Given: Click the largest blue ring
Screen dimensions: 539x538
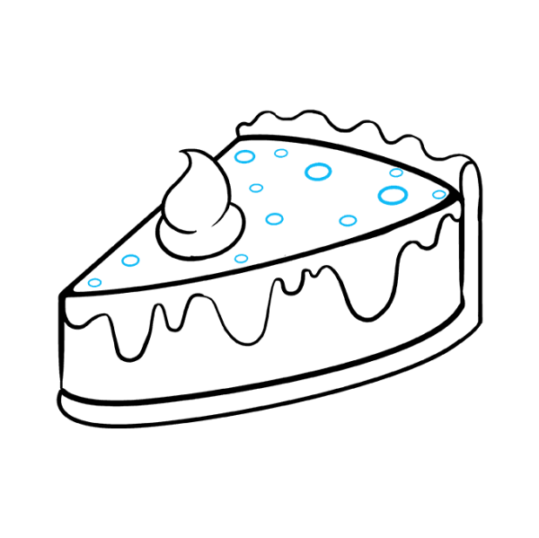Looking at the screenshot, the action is point(393,195).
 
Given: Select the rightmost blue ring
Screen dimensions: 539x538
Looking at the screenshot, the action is point(438,194).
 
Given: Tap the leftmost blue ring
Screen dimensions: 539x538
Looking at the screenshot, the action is point(94,282).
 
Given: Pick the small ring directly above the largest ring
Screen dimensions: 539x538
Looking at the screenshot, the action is point(396,172).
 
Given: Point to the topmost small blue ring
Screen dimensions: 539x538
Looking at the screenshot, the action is point(281,153).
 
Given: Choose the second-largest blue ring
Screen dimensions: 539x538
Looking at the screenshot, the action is point(318,172).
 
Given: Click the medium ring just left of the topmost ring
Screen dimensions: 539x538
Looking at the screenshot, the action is point(244,156).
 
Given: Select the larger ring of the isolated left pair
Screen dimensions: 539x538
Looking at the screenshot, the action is point(130,260).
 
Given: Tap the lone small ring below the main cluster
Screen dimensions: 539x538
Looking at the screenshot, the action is point(241,259).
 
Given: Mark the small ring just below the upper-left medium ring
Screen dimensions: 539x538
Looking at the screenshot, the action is point(256,188).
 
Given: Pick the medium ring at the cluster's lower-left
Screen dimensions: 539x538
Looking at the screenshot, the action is point(274,218).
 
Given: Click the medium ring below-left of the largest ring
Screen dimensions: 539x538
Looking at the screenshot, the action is point(348,220).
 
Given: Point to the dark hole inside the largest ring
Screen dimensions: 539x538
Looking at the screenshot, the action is point(393,195).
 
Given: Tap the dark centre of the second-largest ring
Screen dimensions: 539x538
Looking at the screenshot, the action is point(318,172).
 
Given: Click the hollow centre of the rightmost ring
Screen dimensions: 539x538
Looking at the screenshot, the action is point(438,194).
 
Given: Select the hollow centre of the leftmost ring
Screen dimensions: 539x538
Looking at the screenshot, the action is point(94,282).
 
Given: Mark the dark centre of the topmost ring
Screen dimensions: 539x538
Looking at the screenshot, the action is point(281,153).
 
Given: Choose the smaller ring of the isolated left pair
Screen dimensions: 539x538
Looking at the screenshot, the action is point(94,282).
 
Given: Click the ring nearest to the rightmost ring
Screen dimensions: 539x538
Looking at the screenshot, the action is point(396,172).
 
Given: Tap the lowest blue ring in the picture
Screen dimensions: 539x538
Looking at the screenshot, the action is point(94,282).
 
